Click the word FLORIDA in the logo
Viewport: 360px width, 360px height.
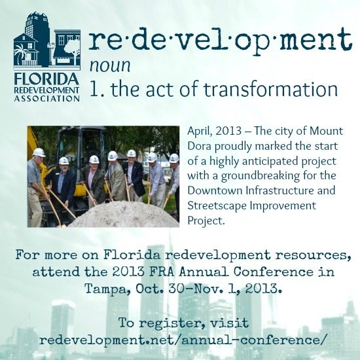coord(46,79)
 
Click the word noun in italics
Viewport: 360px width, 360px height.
coord(110,65)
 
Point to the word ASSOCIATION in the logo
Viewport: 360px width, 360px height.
coord(47,99)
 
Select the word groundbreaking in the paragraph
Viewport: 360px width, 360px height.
coord(261,176)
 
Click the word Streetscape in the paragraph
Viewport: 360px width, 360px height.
coord(217,206)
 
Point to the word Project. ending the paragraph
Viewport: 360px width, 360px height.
coord(206,221)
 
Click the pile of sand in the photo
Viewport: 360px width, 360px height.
coord(124,215)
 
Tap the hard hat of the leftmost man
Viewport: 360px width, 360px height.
coord(39,153)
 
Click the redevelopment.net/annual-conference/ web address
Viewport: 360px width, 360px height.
coord(183,340)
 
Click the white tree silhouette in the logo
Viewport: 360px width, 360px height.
coord(72,49)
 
